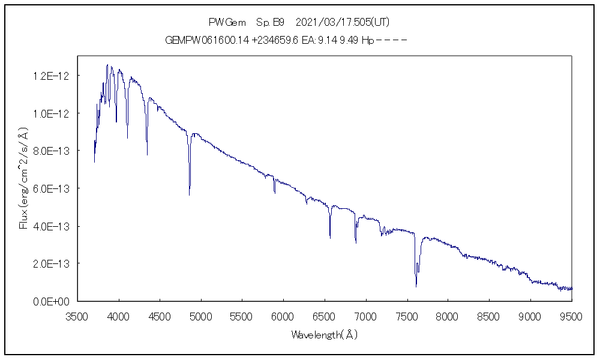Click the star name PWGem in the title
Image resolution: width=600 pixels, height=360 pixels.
click(227, 22)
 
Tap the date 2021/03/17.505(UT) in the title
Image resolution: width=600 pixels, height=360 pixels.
click(343, 22)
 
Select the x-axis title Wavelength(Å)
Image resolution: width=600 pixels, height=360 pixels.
click(325, 334)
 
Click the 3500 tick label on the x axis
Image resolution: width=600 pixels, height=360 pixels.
click(78, 316)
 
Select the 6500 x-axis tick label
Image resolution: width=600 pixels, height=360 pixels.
click(325, 316)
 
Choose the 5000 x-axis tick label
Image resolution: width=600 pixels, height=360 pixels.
click(201, 316)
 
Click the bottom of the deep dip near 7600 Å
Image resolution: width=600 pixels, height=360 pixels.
click(416, 286)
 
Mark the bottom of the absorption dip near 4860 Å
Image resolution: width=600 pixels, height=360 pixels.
click(190, 194)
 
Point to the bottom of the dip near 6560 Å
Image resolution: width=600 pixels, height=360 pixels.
click(330, 238)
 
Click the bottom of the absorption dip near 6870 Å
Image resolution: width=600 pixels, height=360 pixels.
click(355, 242)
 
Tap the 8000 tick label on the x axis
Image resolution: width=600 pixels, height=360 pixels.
click(448, 316)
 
